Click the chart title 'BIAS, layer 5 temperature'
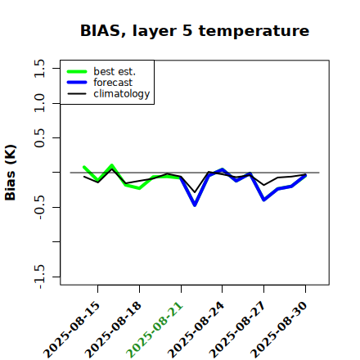(x=195, y=31)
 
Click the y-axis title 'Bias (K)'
(x=11, y=173)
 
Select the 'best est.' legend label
(x=115, y=71)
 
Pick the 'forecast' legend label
(x=113, y=83)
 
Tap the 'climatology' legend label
(x=122, y=94)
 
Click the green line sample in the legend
(x=77, y=71)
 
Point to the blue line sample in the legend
(x=77, y=83)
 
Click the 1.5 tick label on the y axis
(x=39, y=68)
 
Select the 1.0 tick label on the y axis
(x=39, y=103)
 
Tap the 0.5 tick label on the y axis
(x=39, y=137)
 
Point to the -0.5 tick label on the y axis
(x=39, y=208)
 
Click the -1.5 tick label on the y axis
(x=39, y=277)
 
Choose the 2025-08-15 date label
(x=72, y=330)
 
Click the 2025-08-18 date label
(x=114, y=330)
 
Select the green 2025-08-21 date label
(x=155, y=330)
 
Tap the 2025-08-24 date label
(x=196, y=330)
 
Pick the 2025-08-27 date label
(x=237, y=330)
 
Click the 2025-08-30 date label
(x=279, y=330)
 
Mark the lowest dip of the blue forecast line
(x=195, y=205)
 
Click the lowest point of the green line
(x=139, y=188)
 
